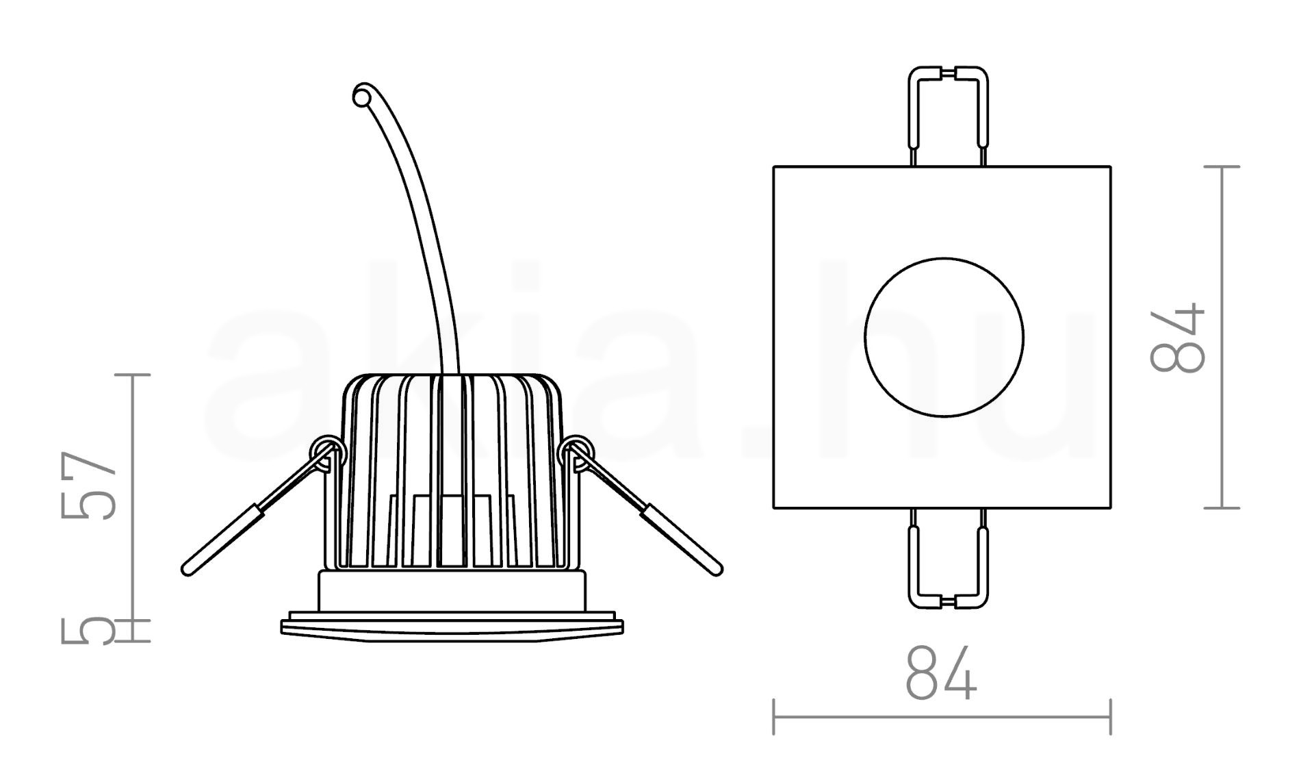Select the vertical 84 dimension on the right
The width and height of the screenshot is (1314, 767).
pyautogui.click(x=1177, y=338)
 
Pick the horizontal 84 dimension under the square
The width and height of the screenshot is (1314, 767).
pyautogui.click(x=941, y=672)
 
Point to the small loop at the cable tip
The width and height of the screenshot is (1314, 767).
pyautogui.click(x=362, y=95)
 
